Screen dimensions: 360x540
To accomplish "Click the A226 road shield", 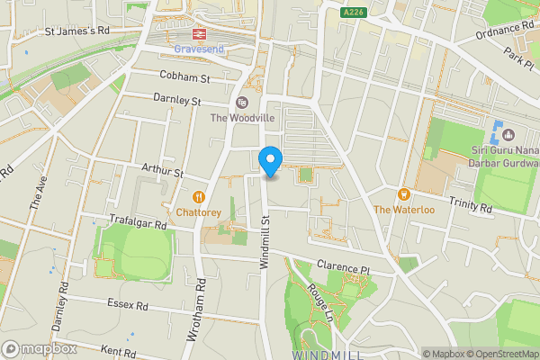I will tap(354, 12).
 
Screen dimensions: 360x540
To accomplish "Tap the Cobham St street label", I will tap(184, 78).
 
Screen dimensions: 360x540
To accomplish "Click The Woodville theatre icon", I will tap(241, 102).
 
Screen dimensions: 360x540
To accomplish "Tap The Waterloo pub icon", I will tap(404, 194).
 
